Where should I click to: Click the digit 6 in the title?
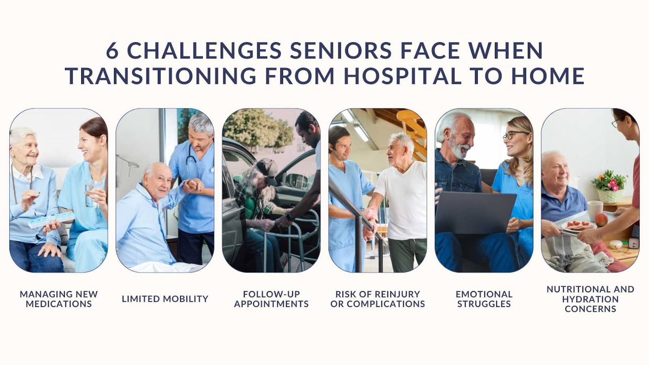click(x=112, y=51)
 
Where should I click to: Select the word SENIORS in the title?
click(x=341, y=51)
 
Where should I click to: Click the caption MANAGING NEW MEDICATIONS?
click(x=59, y=299)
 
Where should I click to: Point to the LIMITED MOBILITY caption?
click(x=165, y=298)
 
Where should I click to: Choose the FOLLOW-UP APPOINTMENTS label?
click(x=271, y=299)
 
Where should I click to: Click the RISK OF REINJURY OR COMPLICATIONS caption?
click(x=378, y=299)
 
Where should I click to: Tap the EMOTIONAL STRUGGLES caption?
click(x=484, y=299)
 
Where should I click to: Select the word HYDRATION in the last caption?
click(x=590, y=299)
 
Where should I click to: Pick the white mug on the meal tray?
click(x=595, y=211)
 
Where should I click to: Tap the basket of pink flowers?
click(x=609, y=187)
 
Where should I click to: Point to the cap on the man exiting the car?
click(x=266, y=170)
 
